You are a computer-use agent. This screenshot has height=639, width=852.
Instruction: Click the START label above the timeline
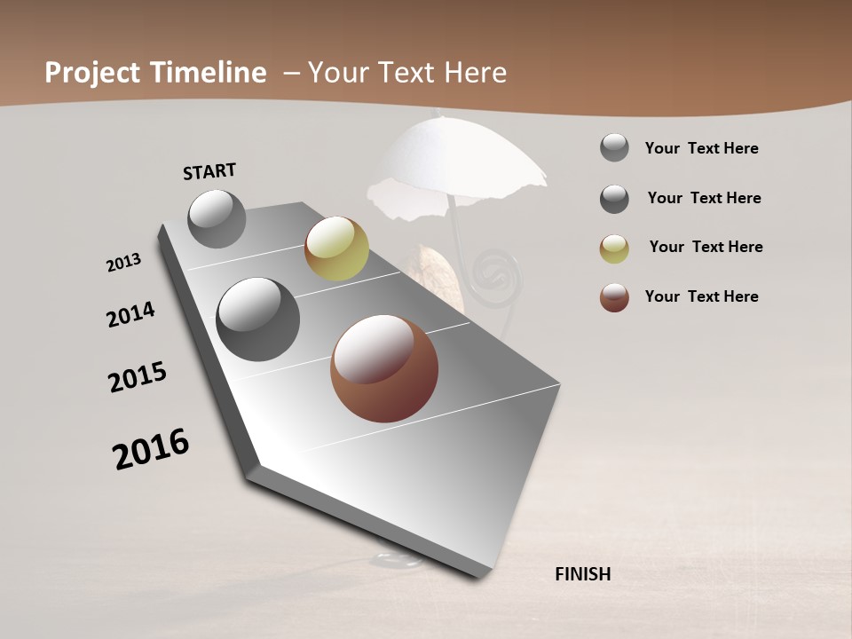(209, 171)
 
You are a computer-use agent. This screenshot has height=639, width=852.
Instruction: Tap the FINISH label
(582, 574)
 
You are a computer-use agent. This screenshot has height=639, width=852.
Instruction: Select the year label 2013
(124, 263)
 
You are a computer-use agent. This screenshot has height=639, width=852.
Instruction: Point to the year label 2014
(131, 314)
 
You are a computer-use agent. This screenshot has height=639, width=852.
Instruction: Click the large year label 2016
(151, 449)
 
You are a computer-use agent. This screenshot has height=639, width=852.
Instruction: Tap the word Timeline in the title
(210, 73)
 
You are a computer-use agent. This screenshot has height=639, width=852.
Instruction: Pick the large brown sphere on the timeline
(384, 368)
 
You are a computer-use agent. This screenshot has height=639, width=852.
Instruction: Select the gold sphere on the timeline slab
(336, 248)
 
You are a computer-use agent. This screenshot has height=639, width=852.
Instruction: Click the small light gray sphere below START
(217, 218)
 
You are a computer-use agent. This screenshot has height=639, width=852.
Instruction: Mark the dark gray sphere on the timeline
(258, 319)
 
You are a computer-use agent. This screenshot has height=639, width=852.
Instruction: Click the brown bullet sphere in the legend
(614, 297)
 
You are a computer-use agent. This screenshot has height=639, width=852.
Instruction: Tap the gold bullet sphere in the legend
(614, 248)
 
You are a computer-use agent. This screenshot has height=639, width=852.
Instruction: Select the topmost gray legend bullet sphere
(614, 147)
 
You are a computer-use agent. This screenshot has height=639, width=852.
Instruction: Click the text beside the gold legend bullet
(706, 247)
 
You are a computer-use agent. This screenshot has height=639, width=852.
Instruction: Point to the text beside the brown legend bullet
(701, 296)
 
